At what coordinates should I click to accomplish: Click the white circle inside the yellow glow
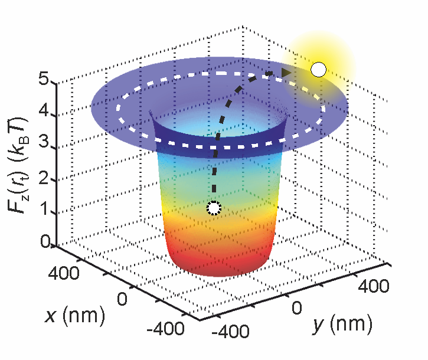tap(319, 70)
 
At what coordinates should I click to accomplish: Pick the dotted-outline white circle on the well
tap(214, 208)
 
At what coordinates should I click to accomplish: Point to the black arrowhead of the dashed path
tap(286, 73)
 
